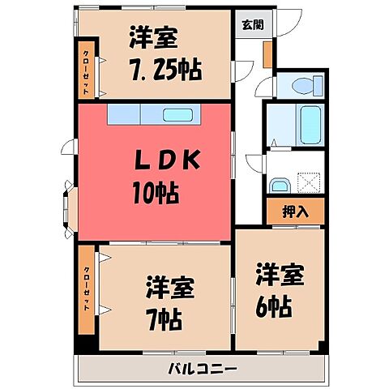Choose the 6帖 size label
278,306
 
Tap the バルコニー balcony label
203,370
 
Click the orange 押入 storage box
295,212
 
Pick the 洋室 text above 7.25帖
152,37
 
